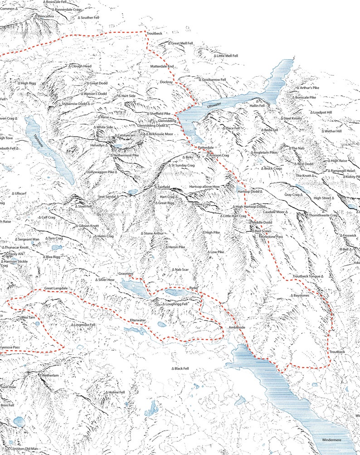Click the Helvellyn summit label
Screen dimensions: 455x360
(99, 145)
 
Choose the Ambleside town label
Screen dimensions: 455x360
(237, 327)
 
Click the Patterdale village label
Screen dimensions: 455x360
(205, 148)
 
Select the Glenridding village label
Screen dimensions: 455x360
(167, 121)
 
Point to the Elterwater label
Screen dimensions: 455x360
(138, 320)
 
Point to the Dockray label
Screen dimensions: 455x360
(166, 82)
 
